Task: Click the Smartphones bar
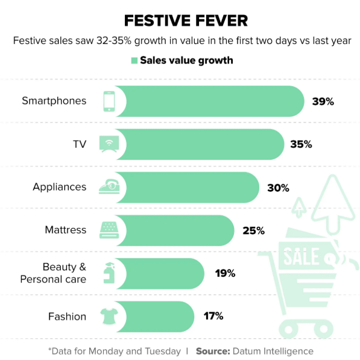tap(210, 101)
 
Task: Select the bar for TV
tap(200, 144)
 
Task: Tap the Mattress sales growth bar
tap(175, 230)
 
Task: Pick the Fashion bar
tap(155, 317)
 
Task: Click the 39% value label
tap(323, 101)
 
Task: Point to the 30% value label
tap(278, 188)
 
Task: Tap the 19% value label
tap(225, 273)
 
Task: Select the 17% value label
tap(213, 316)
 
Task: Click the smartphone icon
tap(109, 101)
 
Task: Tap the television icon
tap(109, 144)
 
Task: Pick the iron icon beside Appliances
tap(109, 186)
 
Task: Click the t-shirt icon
tap(109, 316)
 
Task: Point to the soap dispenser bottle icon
tap(109, 273)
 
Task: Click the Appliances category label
tap(60, 187)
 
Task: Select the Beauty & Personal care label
tap(53, 273)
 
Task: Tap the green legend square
tap(134, 61)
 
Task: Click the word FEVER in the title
tap(221, 21)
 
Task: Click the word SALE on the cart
tap(302, 256)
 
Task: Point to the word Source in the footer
tap(213, 352)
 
